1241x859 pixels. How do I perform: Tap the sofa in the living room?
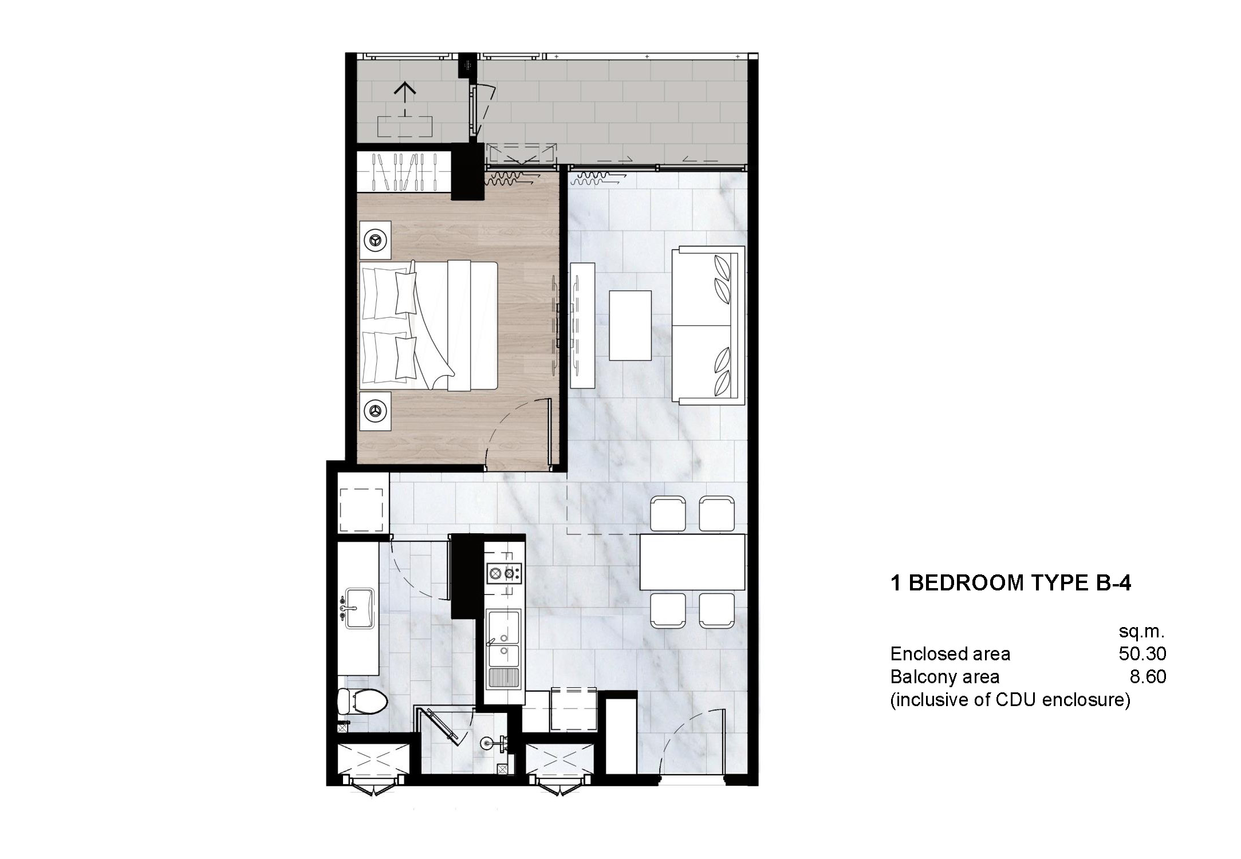(709, 325)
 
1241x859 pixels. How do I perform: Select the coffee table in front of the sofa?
(630, 325)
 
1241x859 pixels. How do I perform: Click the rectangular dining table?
(692, 562)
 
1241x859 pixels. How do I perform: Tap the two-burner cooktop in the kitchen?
(503, 573)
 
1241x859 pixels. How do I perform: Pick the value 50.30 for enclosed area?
(1142, 653)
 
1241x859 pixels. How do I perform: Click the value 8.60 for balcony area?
(1148, 677)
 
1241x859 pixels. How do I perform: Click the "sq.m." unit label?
(1141, 632)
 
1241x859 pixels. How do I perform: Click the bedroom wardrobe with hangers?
(404, 171)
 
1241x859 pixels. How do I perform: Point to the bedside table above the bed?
(375, 239)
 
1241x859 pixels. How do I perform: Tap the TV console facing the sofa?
(583, 325)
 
